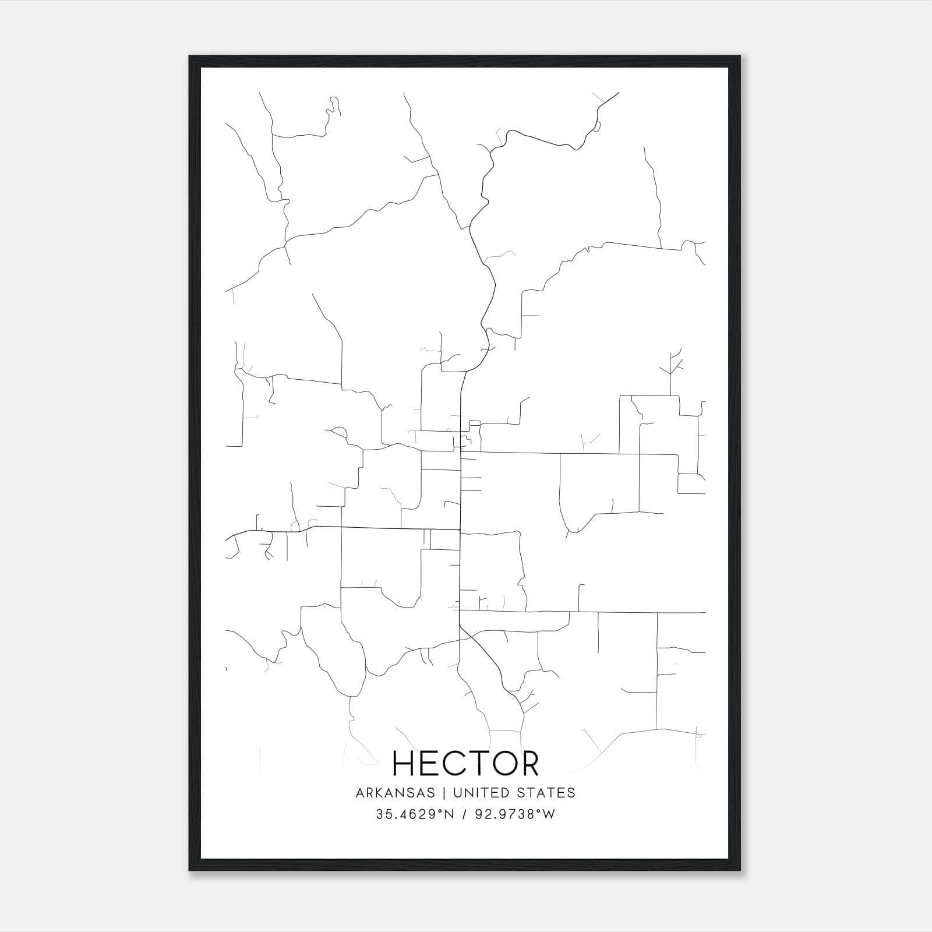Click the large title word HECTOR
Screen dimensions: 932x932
466,763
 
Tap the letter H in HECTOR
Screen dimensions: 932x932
405,763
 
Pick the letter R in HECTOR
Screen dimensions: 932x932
529,763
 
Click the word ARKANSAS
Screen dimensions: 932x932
396,793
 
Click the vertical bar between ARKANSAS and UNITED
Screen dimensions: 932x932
444,793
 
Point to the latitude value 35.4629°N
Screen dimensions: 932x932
413,814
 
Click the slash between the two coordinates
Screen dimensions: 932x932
463,814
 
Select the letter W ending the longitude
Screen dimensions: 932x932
549,814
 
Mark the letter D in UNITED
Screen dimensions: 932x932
503,793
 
